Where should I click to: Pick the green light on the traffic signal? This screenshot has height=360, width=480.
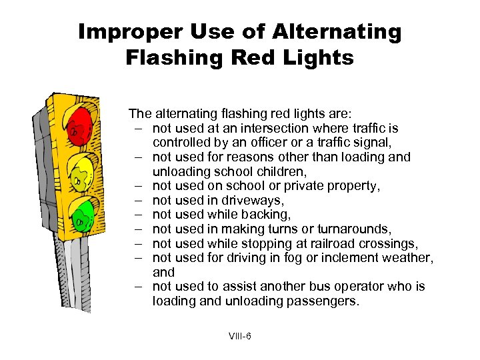[83, 215]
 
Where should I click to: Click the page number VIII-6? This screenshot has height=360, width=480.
[239, 336]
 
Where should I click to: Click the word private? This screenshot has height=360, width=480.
[312, 185]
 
